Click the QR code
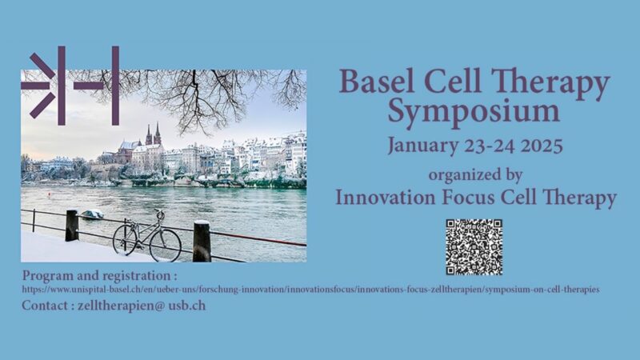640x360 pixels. [474, 246]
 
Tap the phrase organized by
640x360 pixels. [475, 174]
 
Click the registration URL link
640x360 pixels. [312, 288]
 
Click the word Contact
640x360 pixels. [45, 306]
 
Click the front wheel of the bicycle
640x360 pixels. [166, 244]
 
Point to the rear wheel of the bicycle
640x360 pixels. [126, 238]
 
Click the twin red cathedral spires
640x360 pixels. [153, 134]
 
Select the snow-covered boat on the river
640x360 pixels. [93, 214]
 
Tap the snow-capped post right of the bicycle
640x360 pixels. [202, 241]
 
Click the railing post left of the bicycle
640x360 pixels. [71, 225]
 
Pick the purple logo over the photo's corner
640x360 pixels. [70, 86]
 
